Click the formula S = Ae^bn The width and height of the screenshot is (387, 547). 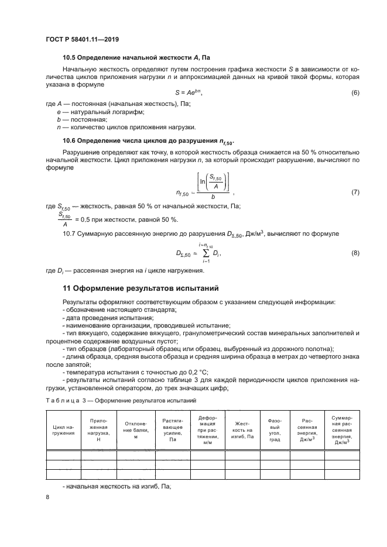tap(193, 93)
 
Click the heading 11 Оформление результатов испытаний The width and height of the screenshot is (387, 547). tap(140, 288)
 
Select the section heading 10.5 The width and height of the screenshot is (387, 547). tap(136, 59)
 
